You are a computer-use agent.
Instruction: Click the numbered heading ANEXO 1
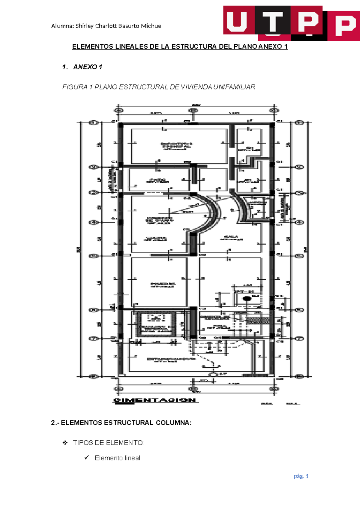[87, 67]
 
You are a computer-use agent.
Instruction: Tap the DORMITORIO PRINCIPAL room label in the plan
[177, 146]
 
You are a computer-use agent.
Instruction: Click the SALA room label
[231, 238]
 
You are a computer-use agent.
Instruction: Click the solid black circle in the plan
[247, 299]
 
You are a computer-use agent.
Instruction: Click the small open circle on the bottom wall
[212, 375]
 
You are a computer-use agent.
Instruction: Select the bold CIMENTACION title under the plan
[155, 400]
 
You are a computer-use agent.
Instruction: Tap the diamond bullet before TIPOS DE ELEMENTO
[65, 443]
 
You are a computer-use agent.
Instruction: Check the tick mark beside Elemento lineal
[87, 458]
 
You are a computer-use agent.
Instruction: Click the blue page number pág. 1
[301, 476]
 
